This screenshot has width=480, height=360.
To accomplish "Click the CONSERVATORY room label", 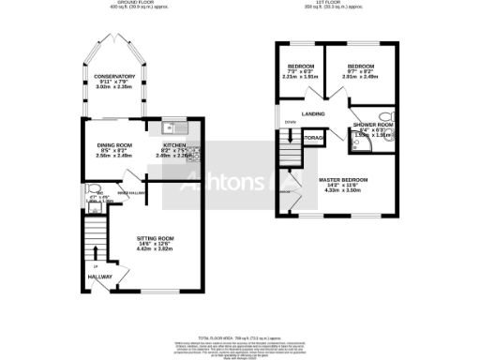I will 111,76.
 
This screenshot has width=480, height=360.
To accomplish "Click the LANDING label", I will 313,114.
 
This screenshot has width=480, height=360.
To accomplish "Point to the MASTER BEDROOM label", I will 342,179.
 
